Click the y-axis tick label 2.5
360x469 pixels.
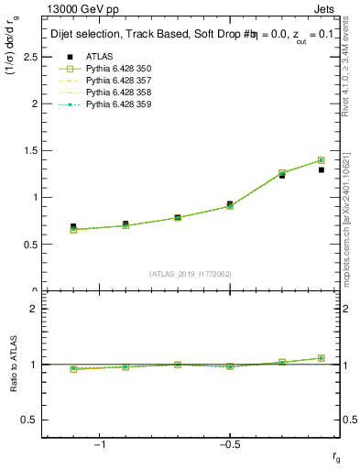[x=30, y=57]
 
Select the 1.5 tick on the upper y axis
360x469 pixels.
[x=30, y=150]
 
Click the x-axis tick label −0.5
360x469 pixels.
[x=229, y=444]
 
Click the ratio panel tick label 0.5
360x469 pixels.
[x=30, y=420]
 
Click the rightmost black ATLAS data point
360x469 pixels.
[x=321, y=169]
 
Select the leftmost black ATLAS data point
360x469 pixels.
[x=73, y=226]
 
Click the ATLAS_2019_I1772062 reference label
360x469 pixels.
[x=191, y=273]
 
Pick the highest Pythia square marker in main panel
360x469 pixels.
[x=321, y=160]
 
